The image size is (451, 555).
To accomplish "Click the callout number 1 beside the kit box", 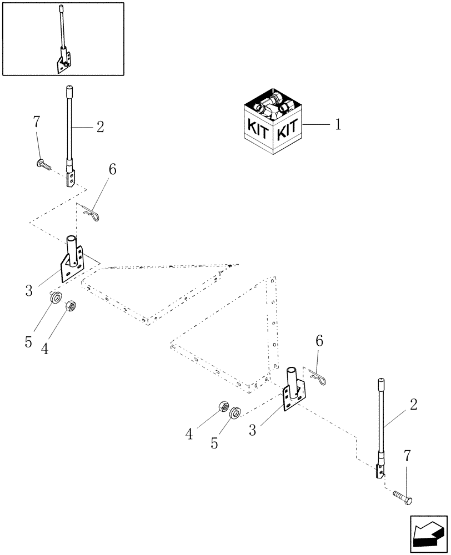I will click(337, 125).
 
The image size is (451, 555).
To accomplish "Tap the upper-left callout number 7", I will click(37, 122).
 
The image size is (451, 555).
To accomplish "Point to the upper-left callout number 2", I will click(100, 127).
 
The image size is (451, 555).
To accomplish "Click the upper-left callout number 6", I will click(113, 170).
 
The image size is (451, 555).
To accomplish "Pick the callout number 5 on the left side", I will click(28, 342).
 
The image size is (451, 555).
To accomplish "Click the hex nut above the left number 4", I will click(70, 305).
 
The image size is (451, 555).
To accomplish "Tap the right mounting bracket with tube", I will click(293, 388).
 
